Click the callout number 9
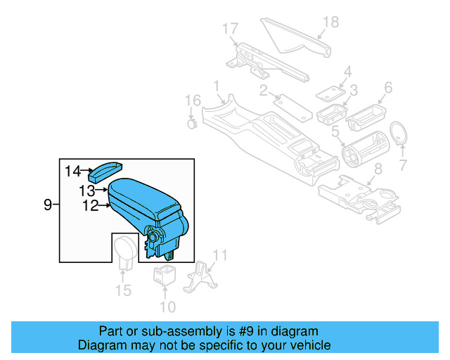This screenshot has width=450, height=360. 48,205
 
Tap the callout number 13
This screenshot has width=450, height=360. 86,191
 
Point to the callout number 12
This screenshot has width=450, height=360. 89,206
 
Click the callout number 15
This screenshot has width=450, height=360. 123,290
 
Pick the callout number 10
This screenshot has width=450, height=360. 167,307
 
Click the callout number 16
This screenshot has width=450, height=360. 188,101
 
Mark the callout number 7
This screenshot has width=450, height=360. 403,166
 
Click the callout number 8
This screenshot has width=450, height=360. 377,169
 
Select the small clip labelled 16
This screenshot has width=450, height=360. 191,124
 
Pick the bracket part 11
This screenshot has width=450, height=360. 199,277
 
